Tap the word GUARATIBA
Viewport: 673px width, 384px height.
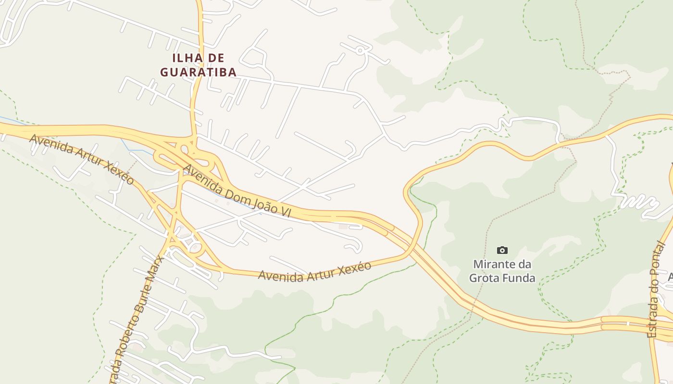point(198,72)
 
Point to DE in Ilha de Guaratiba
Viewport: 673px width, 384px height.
point(217,58)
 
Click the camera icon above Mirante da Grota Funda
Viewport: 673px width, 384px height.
point(502,250)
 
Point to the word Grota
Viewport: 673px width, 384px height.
point(484,277)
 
